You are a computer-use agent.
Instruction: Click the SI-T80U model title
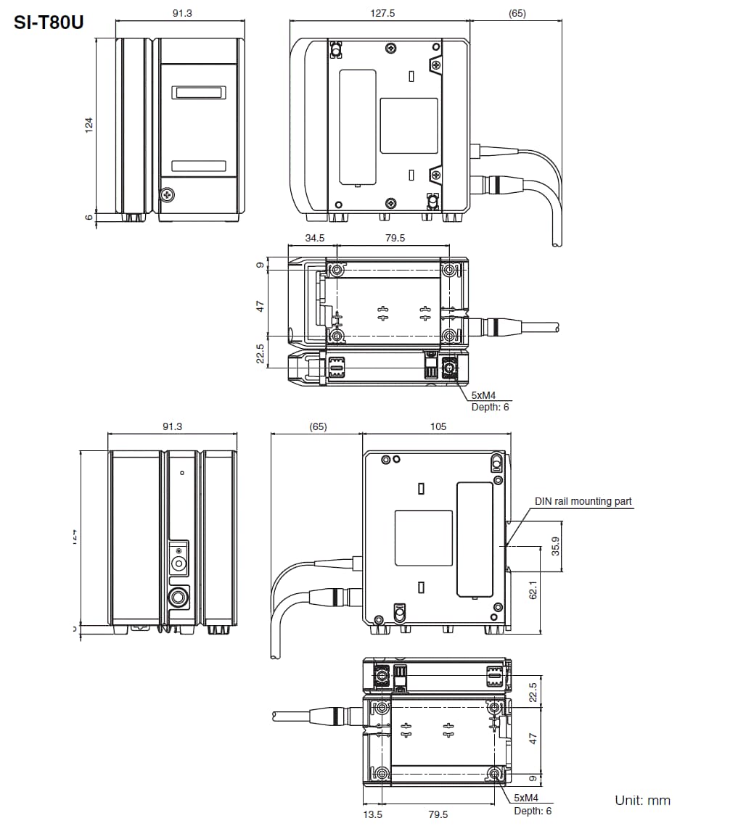(49, 22)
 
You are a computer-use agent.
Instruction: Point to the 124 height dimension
(89, 125)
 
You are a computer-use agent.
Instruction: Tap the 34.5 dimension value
(314, 238)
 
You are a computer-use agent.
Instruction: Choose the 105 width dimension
(438, 426)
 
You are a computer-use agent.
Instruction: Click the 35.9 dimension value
(556, 545)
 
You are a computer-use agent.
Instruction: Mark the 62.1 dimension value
(533, 592)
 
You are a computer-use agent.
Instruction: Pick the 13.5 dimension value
(372, 814)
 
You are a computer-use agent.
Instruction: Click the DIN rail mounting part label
(583, 501)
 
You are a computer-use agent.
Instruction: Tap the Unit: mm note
(642, 801)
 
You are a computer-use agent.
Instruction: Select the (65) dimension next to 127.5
(517, 13)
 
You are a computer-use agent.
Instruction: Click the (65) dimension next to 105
(318, 426)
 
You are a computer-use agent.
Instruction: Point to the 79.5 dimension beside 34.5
(395, 238)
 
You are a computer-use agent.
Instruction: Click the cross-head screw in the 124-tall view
(167, 194)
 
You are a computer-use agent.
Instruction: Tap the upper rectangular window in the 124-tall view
(198, 93)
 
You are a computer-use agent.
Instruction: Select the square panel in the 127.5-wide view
(409, 125)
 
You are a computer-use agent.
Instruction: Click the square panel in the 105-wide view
(423, 538)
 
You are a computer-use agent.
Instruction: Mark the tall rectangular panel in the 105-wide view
(474, 540)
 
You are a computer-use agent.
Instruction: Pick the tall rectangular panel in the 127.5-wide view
(358, 127)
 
